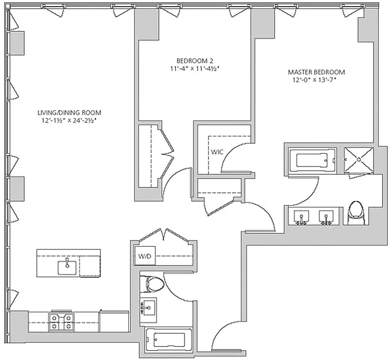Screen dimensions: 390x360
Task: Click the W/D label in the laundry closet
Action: point(145,256)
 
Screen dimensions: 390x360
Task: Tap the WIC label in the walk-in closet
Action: point(217,152)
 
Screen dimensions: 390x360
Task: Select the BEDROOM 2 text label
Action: point(195,61)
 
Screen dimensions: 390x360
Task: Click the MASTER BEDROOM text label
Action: point(316,72)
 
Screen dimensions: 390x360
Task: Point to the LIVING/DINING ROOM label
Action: point(70,113)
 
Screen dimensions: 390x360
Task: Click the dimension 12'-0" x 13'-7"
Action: point(314,80)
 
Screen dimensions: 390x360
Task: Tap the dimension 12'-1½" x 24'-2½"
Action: point(69,121)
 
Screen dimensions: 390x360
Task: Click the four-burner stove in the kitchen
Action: point(61,321)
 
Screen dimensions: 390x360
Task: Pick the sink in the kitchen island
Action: point(67,267)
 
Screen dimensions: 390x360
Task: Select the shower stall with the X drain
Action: point(359,160)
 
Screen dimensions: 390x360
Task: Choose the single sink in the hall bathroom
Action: point(148,308)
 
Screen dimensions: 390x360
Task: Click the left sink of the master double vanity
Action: point(302,217)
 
